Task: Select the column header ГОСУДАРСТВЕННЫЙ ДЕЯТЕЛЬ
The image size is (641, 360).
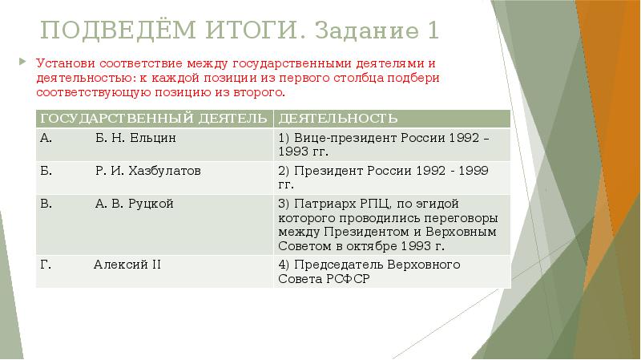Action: point(152,119)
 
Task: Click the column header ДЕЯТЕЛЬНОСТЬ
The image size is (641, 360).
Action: point(337,119)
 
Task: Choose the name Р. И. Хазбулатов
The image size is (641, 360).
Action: point(147,171)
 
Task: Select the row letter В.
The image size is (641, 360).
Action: point(45,204)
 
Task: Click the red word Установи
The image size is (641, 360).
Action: point(61,63)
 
